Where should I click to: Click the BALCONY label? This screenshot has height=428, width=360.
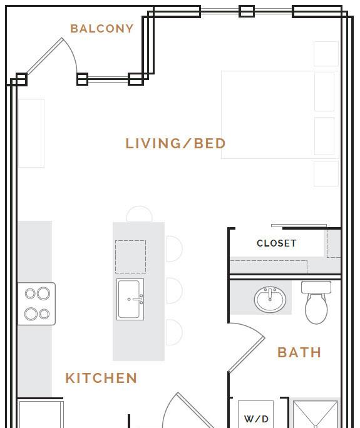pos(102,29)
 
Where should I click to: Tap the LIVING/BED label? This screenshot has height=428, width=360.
pos(175,143)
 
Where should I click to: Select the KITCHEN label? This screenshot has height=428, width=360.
pos(101,378)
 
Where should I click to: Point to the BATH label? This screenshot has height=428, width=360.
pos(299,352)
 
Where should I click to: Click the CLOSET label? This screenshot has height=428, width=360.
pos(277,243)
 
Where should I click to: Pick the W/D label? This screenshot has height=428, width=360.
pos(256,419)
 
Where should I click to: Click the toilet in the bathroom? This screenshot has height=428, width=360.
pos(316,302)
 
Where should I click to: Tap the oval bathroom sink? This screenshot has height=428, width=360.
pos(270,300)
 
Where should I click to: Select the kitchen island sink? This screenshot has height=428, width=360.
pos(130,299)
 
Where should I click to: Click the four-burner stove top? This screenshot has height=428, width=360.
pos(36,304)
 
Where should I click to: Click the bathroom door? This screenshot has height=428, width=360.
pos(247,347)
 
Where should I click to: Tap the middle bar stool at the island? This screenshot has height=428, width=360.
pos(174,290)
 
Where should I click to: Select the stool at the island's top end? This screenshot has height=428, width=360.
pos(139,213)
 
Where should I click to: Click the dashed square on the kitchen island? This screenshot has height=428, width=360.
pos(131,257)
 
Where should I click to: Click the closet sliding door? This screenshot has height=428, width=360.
pos(299,225)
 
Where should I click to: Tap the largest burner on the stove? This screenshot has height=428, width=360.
pos(43,293)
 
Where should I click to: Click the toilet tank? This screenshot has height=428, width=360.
pos(316,287)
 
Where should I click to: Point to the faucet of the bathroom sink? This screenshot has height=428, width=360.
pos(270,295)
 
